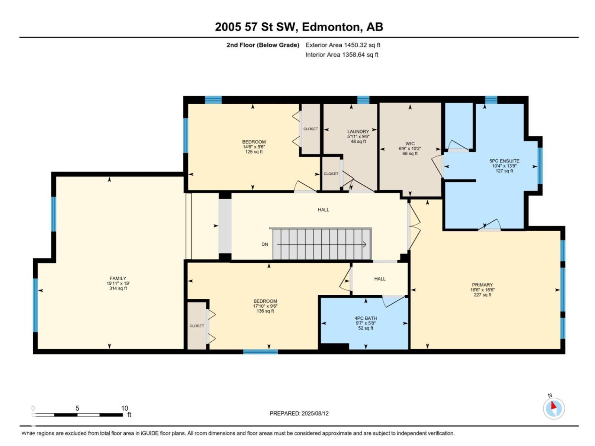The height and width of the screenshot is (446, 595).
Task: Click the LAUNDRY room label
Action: (x=358, y=131)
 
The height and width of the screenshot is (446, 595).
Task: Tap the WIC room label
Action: (x=409, y=143)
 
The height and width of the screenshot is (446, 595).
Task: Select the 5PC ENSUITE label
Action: (x=504, y=161)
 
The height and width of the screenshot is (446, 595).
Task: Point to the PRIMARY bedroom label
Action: (x=482, y=285)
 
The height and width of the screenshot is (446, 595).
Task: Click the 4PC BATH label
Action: (x=366, y=318)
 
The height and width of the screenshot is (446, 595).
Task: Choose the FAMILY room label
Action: (x=118, y=278)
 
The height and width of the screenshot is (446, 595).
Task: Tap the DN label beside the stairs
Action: (x=264, y=244)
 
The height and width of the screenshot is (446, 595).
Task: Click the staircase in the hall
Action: (x=322, y=244)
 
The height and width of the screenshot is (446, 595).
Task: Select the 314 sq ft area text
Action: (x=118, y=288)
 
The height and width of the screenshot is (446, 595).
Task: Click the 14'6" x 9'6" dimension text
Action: (x=254, y=147)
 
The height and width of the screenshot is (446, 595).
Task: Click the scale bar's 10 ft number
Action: (x=125, y=408)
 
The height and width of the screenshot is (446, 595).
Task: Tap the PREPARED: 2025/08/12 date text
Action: (x=299, y=414)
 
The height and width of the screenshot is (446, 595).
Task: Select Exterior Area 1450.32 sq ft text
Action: (x=342, y=45)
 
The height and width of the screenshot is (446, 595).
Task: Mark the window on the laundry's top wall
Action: (x=363, y=100)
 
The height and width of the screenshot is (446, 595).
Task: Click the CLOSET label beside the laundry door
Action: (x=331, y=174)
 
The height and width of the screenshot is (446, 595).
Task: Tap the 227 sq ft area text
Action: (x=482, y=295)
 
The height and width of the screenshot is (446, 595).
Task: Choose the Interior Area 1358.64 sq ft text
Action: (x=341, y=55)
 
